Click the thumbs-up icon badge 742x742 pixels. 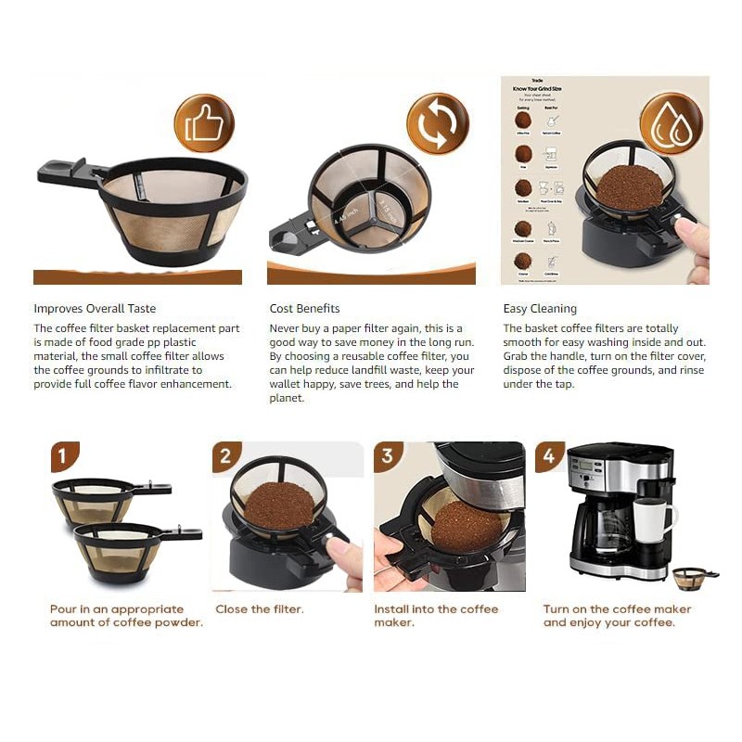[204, 123]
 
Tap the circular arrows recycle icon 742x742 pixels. [438, 123]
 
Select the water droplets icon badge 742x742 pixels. [671, 123]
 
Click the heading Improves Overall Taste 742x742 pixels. [95, 309]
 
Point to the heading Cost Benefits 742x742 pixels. [304, 309]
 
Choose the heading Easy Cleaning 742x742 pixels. [540, 309]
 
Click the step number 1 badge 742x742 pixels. [63, 456]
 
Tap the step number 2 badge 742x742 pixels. [225, 456]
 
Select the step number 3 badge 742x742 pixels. [388, 456]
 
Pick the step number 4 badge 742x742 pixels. [549, 456]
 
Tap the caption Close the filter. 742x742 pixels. [260, 609]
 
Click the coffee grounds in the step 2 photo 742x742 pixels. [278, 505]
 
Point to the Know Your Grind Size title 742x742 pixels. [537, 89]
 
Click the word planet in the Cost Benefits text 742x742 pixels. [288, 398]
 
